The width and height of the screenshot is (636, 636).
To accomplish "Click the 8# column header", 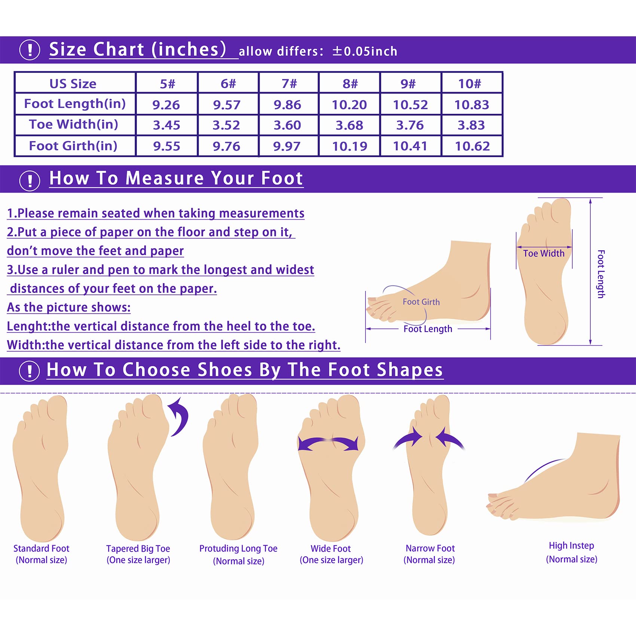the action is coord(350,83).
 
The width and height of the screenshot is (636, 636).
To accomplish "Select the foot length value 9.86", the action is coord(287,105).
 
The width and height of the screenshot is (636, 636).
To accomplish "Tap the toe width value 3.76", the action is coord(410,125).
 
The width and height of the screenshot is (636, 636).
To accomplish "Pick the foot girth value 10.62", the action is coord(472,146).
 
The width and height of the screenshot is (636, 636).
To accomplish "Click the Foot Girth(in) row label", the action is coord(73,146).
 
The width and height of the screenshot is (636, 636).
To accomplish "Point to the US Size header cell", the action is coord(73,83).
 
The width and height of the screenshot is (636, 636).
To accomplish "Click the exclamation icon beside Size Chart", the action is coord(30,50).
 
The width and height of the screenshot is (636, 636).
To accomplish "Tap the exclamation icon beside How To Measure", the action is coord(30,181).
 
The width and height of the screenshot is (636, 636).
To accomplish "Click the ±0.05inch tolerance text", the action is coord(365,51).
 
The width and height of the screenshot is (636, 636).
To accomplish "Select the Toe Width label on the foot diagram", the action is coord(544,253).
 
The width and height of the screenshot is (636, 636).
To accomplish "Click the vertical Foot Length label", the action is coord(601,274).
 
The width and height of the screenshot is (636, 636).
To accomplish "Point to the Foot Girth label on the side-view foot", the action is coord(421,302).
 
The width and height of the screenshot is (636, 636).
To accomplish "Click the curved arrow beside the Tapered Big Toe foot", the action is coord(180,416).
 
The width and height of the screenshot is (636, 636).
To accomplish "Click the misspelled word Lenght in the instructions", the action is coord(28,326).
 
